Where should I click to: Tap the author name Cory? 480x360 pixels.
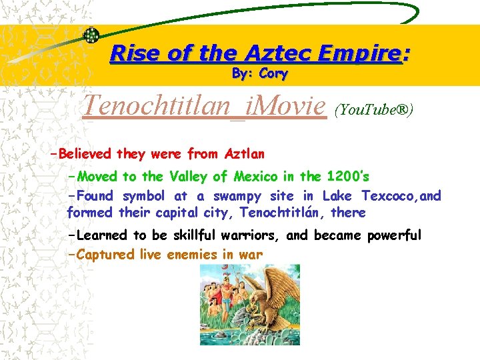[273, 73]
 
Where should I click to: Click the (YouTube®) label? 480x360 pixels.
[373, 109]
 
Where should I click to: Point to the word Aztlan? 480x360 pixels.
[245, 154]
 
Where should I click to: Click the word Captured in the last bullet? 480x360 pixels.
[107, 254]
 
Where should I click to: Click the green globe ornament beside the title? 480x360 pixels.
[91, 35]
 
